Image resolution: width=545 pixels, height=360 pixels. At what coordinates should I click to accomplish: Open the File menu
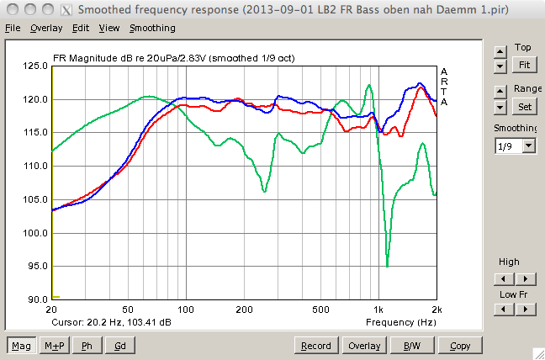point(13,28)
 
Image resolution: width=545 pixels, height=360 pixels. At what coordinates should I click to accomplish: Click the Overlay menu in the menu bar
point(46,28)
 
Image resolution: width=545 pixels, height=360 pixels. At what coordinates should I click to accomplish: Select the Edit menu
point(81,28)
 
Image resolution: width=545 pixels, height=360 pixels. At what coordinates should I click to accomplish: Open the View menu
point(109,28)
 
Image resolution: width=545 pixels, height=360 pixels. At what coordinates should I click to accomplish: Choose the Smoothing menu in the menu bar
point(152,28)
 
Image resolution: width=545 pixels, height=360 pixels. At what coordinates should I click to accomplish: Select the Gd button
point(119,346)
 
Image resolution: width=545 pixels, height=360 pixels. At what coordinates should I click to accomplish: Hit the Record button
point(315,346)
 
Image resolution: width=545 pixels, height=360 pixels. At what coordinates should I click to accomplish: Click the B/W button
point(412,346)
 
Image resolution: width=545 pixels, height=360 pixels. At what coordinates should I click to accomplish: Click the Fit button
point(525,65)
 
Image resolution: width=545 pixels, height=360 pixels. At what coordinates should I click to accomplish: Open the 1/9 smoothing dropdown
point(516,146)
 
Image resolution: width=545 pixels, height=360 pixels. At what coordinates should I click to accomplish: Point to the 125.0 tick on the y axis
point(35,66)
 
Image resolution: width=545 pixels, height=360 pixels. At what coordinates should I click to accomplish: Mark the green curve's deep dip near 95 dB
point(387,266)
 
